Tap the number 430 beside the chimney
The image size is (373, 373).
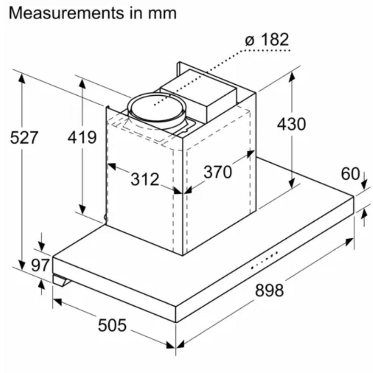(x=291, y=124)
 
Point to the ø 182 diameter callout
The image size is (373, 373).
(x=267, y=39)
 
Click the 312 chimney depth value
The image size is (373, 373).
(x=145, y=179)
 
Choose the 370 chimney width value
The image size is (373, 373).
(x=218, y=172)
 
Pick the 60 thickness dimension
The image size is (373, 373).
(x=350, y=174)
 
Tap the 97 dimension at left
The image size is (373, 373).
(x=40, y=265)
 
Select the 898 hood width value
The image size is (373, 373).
(x=269, y=290)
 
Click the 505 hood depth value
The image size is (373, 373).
(x=112, y=325)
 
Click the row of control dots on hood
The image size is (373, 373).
(x=265, y=260)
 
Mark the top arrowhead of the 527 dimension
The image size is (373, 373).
(x=22, y=79)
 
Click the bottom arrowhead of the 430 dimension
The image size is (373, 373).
(x=292, y=183)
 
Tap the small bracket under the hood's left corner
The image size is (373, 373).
(x=61, y=280)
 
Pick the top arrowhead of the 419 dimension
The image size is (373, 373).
(x=82, y=84)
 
